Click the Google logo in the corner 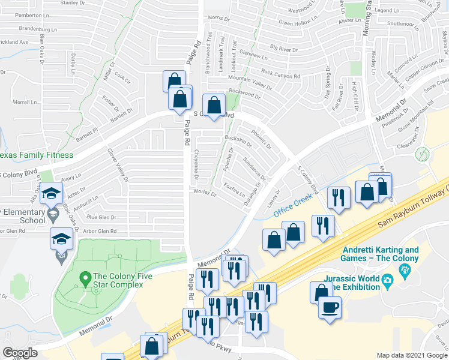coord(19,352)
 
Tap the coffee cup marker coord(328,307)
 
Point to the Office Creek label coord(294,205)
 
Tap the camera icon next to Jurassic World coord(387,280)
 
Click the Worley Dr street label coord(205,191)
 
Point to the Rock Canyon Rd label coord(280,74)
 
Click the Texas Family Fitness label coord(36,155)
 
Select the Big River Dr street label coord(284,47)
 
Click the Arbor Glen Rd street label coord(100,232)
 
